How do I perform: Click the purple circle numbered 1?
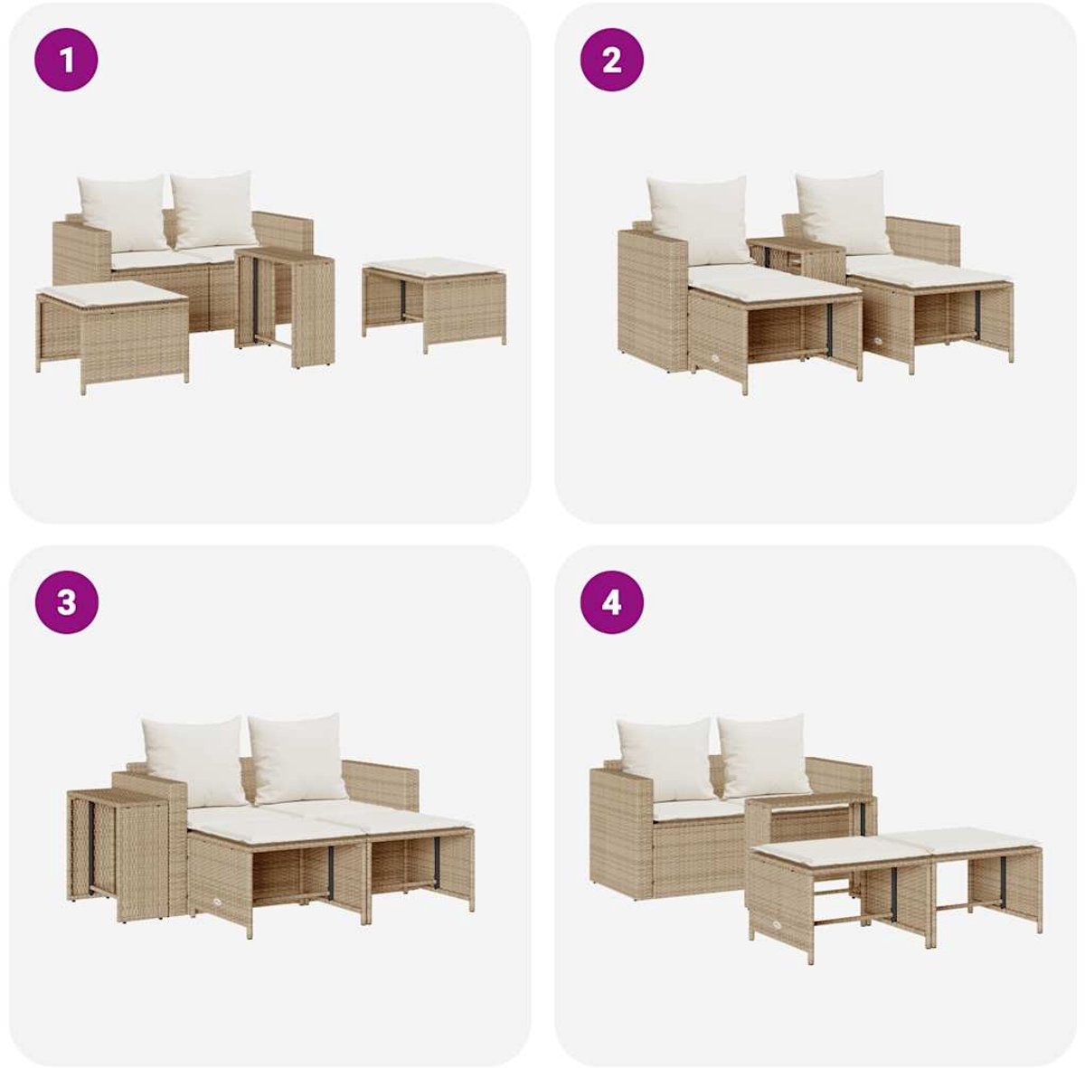pos(66,60)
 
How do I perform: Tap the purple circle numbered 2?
pos(612,60)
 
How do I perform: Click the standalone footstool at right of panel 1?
pos(434,305)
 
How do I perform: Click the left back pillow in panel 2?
pos(698,221)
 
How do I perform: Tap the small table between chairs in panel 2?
pos(797,260)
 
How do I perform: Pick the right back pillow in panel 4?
pos(764,756)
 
